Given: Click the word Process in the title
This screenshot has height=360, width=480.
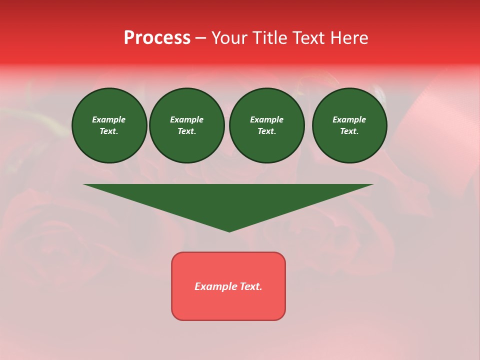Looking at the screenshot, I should (157, 38).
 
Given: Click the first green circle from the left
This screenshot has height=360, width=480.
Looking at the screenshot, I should (109, 125).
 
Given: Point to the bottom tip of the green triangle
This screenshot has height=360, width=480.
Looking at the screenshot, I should (229, 231).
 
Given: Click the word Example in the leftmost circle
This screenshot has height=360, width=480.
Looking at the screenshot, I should (109, 119).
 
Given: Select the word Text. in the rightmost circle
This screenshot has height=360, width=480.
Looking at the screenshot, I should (349, 131).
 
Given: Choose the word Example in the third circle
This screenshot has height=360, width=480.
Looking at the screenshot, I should (266, 119).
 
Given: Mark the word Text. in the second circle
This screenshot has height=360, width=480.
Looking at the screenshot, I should (186, 131).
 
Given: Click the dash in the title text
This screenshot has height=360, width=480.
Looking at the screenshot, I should (200, 38).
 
